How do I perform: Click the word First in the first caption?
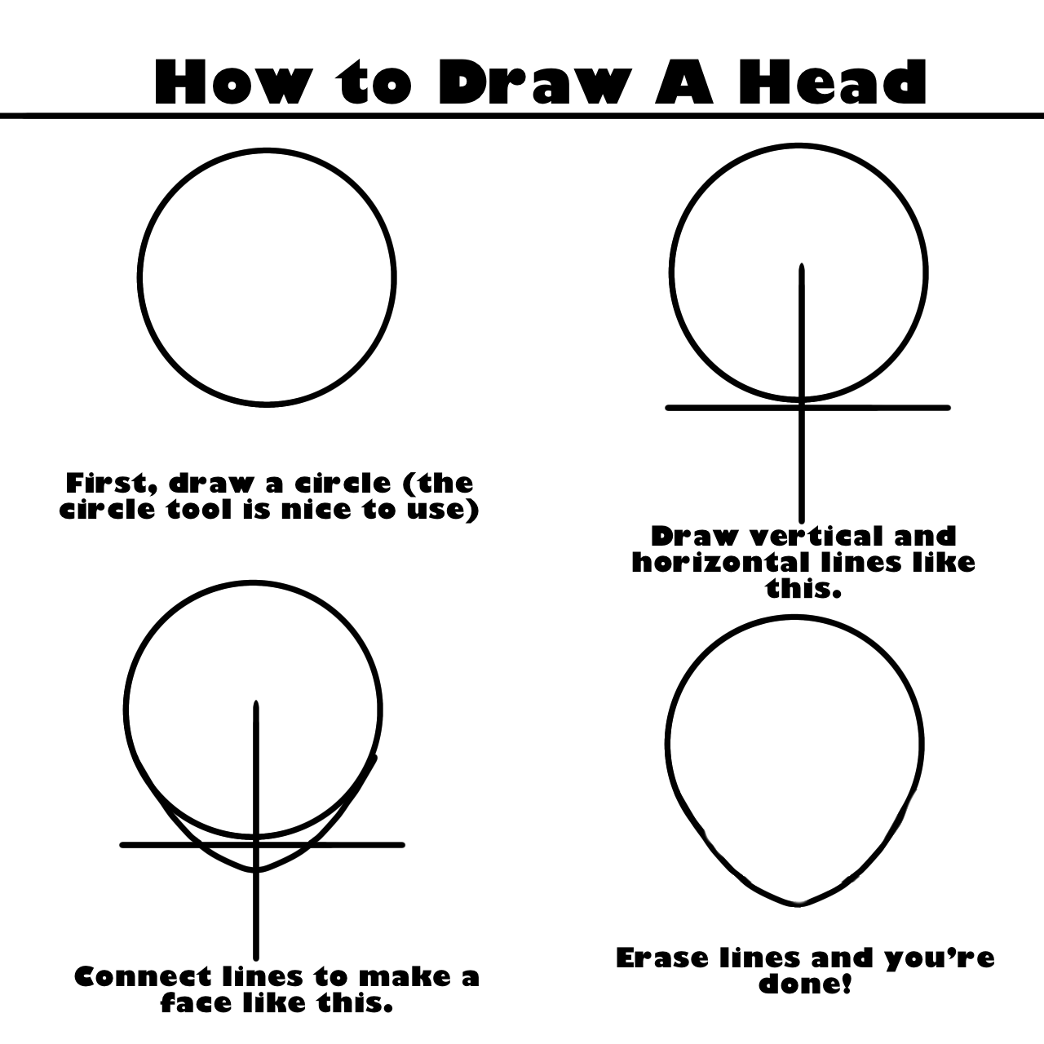pos(111,484)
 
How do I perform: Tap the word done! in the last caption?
pos(805,984)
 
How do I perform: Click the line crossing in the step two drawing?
pos(802,408)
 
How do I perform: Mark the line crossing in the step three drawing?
pos(256,845)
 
